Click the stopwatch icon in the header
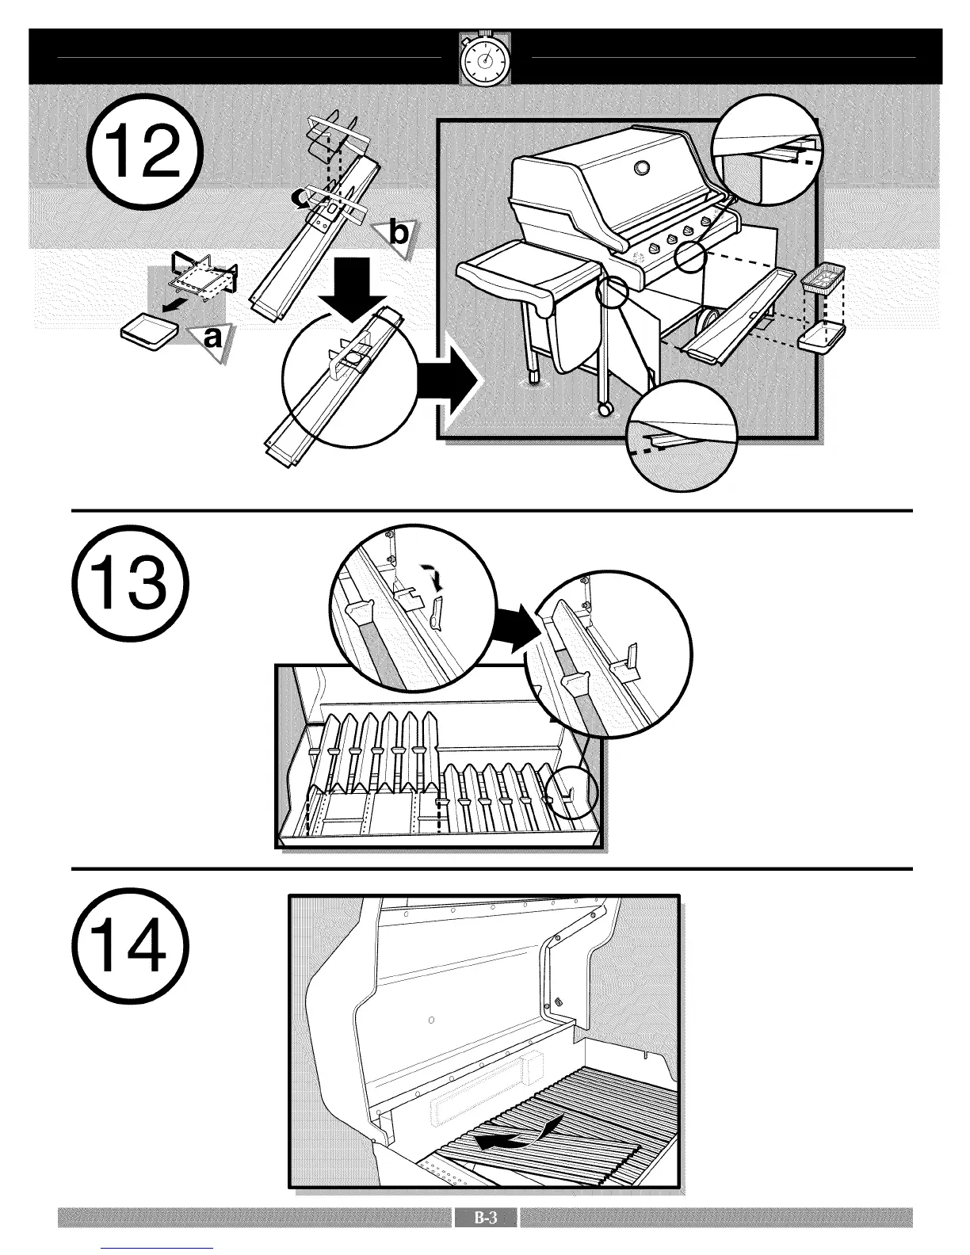tap(485, 59)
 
